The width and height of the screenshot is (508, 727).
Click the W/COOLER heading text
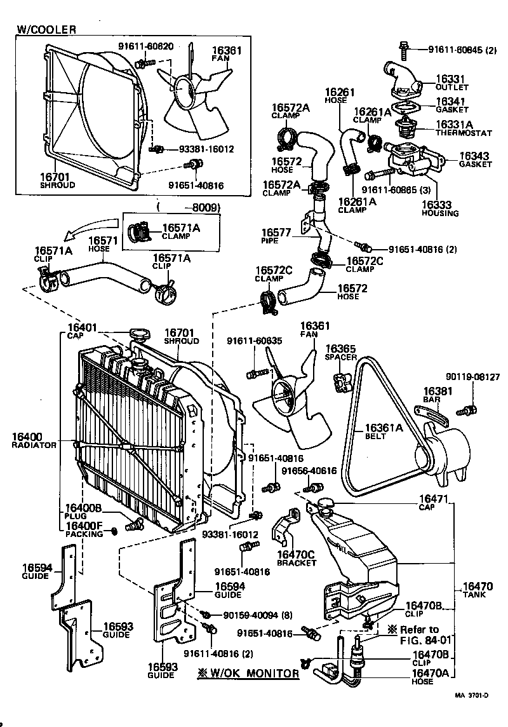46,29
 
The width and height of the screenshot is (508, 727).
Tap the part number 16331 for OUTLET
450,79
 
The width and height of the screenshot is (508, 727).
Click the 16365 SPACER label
340,353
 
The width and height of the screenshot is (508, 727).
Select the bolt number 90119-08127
472,377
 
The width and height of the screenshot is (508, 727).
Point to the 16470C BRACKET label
298,558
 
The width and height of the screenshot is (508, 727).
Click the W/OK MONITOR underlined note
247,674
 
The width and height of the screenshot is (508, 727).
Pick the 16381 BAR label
436,395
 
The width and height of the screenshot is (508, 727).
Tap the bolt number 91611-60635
254,341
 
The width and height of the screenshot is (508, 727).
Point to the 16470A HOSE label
431,677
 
